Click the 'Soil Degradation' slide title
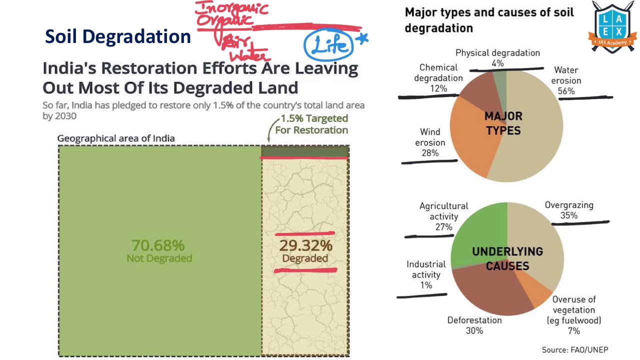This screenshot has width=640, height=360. click(x=118, y=36)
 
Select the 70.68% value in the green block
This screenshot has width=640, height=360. click(x=158, y=245)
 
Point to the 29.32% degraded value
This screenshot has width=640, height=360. click(x=305, y=246)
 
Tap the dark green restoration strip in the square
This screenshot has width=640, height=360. click(x=304, y=151)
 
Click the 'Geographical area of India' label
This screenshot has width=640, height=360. click(x=116, y=138)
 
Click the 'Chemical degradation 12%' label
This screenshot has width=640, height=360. click(x=438, y=78)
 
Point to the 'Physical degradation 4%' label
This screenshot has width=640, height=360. click(x=497, y=58)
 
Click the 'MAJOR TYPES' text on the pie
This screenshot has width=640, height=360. click(x=503, y=123)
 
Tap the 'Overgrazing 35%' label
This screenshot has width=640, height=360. click(x=569, y=210)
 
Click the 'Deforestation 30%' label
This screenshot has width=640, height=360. click(x=474, y=325)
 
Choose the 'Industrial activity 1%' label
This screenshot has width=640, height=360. click(x=426, y=274)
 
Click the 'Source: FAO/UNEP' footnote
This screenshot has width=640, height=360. click(x=575, y=349)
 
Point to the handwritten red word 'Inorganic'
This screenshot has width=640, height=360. click(x=231, y=8)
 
